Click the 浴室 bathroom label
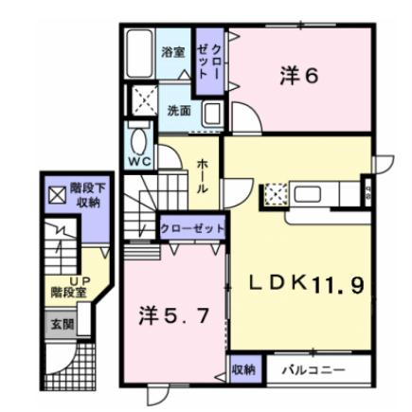coord(172,52)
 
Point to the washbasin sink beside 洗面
coord(212,114)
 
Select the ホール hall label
coord(203,176)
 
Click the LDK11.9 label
coord(305,283)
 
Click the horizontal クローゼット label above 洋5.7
coord(191,229)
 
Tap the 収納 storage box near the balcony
coord(242,368)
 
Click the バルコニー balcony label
coord(313,369)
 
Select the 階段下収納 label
coord(91,194)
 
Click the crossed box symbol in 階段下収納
coord(57,195)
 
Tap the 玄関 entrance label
coord(62,324)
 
